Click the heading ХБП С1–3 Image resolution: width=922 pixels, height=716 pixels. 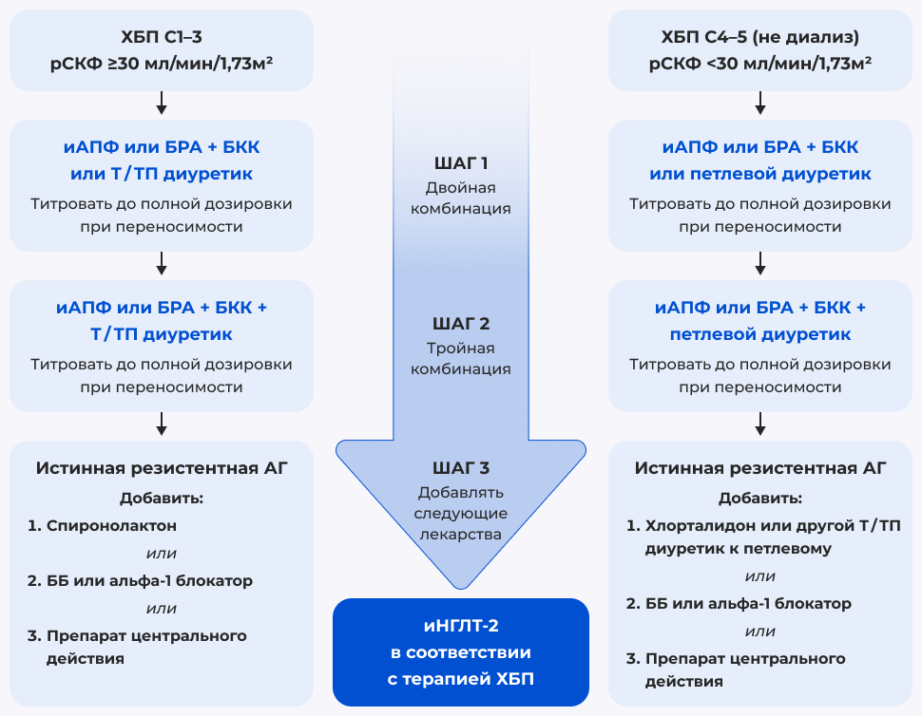coord(162,38)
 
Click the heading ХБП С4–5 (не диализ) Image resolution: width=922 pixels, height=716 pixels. coord(759,38)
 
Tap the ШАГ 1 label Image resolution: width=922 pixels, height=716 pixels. coord(461,162)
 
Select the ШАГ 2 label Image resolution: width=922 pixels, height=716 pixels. coord(461,324)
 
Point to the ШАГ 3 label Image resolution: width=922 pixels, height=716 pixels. coord(461,468)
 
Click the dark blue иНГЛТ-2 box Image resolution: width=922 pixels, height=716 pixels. coord(461,651)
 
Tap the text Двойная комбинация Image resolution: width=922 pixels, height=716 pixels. coord(461,198)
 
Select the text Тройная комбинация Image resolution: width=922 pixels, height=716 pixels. coord(461,358)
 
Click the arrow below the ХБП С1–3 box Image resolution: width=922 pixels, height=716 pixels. coord(162,102)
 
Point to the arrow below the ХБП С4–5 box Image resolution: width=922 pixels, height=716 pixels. coord(759,102)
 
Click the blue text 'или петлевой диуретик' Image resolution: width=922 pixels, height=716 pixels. coord(759,175)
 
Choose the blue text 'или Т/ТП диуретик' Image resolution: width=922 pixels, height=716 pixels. coord(162,175)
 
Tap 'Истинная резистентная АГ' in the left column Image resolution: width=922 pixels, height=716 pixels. coord(162,468)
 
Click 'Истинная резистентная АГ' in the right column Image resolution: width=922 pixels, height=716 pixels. coord(759,468)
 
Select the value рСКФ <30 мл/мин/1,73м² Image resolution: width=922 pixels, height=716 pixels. coord(759,65)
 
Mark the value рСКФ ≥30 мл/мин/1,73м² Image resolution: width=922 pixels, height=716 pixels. coord(162,65)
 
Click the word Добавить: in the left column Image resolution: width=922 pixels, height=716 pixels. coord(162,498)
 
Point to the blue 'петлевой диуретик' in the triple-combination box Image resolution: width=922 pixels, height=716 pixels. coord(759,335)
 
